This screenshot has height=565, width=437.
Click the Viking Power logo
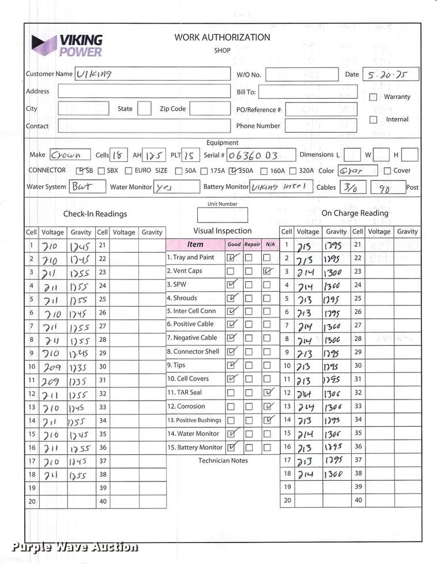click(67, 46)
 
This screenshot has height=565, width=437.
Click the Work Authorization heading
click(222, 37)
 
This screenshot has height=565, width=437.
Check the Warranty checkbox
click(373, 97)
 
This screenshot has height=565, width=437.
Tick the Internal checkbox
click(373, 120)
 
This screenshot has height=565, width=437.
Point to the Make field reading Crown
click(70, 155)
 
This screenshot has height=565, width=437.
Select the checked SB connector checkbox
click(80, 171)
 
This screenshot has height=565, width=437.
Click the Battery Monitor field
click(281, 186)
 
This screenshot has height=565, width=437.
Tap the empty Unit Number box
click(222, 215)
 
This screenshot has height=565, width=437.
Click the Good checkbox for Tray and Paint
click(231, 258)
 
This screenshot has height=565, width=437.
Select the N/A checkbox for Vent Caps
click(267, 271)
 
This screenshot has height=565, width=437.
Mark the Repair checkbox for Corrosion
click(249, 406)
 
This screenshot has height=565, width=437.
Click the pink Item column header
click(195, 244)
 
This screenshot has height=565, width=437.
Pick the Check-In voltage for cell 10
click(52, 366)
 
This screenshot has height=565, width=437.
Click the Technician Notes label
click(223, 461)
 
